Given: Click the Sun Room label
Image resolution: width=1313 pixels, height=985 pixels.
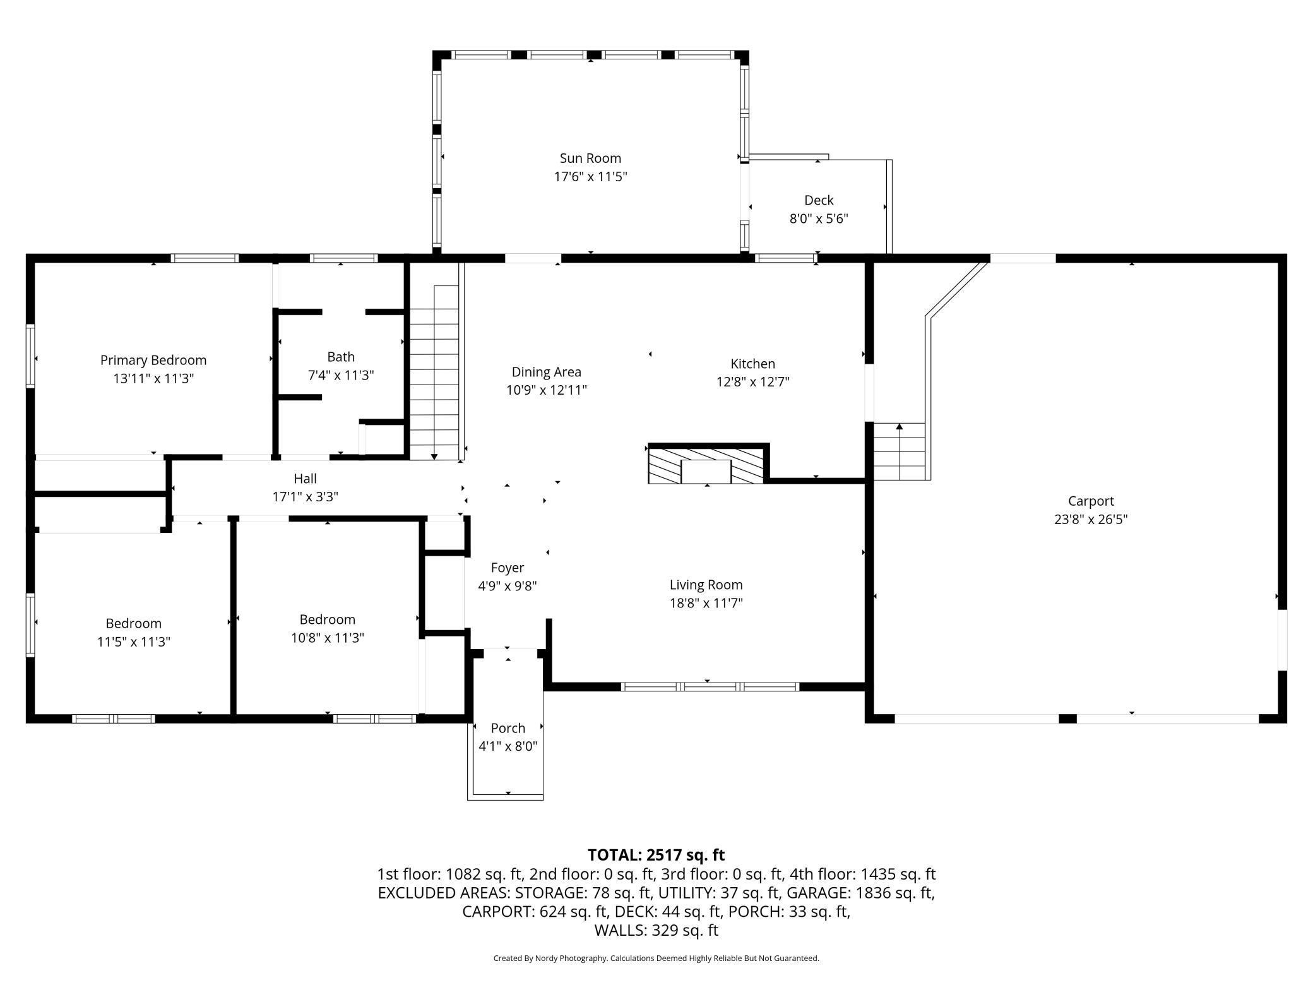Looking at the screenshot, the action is pyautogui.click(x=590, y=158).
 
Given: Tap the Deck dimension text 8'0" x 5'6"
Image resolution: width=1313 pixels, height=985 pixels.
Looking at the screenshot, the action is pyautogui.click(x=819, y=219).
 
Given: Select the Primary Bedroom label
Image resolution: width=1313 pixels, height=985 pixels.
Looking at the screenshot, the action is pyautogui.click(x=153, y=361).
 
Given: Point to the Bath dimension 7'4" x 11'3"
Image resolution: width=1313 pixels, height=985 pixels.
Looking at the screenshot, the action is pyautogui.click(x=341, y=376).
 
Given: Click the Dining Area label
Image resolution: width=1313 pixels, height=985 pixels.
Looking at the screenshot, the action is pyautogui.click(x=546, y=373).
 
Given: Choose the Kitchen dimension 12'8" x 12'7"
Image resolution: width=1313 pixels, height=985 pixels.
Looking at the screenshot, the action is pyautogui.click(x=752, y=382).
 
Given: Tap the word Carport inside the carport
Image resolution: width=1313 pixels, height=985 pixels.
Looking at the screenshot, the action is pyautogui.click(x=1091, y=501).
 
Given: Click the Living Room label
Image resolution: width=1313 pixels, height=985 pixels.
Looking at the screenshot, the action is pyautogui.click(x=706, y=585).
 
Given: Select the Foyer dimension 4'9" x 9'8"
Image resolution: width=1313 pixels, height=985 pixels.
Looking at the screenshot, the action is pyautogui.click(x=508, y=586).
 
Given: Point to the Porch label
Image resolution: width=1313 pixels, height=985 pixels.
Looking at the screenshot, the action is pyautogui.click(x=508, y=728).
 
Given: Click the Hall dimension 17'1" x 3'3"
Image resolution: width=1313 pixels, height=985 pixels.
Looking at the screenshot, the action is pyautogui.click(x=305, y=497).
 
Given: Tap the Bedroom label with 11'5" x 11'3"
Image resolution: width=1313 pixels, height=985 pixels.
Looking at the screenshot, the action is pyautogui.click(x=133, y=624).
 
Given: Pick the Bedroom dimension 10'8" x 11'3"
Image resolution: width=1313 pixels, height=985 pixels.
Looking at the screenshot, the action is pyautogui.click(x=327, y=638).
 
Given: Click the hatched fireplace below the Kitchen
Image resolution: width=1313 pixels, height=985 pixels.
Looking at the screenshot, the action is pyautogui.click(x=706, y=465).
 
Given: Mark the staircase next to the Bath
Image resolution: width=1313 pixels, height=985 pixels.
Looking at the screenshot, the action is pyautogui.click(x=434, y=373).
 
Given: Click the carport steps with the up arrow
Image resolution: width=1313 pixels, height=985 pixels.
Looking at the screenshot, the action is pyautogui.click(x=899, y=451).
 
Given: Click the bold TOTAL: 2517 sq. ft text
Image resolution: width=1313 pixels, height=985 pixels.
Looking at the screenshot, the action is pyautogui.click(x=656, y=855).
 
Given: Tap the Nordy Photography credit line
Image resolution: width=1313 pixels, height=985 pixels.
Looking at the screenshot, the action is pyautogui.click(x=656, y=958).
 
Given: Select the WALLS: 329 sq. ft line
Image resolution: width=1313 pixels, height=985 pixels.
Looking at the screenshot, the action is pyautogui.click(x=656, y=930).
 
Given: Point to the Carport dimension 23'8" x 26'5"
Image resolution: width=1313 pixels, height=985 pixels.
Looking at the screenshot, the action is pyautogui.click(x=1091, y=520).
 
